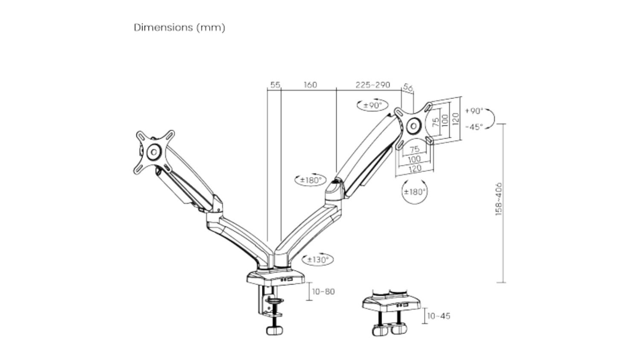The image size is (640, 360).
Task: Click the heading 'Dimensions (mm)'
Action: (180, 28)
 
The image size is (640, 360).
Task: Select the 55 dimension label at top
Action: (275, 85)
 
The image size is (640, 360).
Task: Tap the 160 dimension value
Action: (310, 85)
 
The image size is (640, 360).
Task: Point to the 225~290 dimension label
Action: (373, 85)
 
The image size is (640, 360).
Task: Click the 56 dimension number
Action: (408, 88)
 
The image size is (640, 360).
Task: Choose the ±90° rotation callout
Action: (372, 105)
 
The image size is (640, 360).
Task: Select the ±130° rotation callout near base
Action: (318, 259)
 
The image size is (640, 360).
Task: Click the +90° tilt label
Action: (474, 111)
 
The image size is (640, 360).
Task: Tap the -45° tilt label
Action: (474, 127)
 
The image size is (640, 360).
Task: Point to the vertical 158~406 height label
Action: (499, 199)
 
